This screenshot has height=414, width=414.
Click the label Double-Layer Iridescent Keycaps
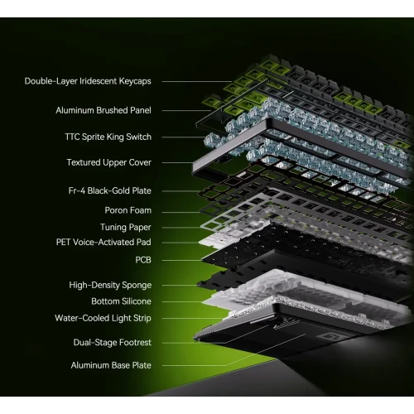88,81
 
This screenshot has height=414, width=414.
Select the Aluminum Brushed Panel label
103,110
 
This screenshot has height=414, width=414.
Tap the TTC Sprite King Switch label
108,137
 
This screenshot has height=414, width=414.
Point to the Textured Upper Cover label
109,162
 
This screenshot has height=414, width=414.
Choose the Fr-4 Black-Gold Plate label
110,190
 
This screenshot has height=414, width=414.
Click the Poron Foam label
128,210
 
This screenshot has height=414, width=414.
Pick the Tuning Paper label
126,227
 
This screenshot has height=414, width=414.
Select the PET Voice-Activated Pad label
103,242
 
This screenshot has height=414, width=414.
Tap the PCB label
143,260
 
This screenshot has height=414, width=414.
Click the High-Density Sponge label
110,285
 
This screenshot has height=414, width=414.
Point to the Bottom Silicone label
121,301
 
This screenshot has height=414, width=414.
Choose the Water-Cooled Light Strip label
103,318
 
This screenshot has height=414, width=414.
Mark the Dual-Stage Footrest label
113,343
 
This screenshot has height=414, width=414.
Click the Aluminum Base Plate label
111,365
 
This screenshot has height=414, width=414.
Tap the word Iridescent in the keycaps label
99,81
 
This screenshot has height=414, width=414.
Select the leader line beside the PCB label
182,260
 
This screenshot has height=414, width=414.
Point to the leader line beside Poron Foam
181,212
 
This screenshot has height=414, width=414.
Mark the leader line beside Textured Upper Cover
177,163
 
